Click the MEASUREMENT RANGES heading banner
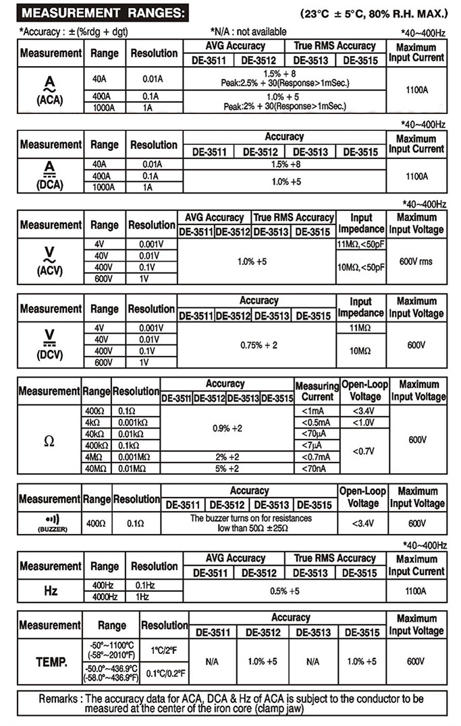(x=94, y=13)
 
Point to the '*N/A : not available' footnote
(x=248, y=32)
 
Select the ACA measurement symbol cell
(x=50, y=91)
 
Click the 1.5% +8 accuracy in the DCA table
(x=285, y=164)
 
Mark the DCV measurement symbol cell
(x=50, y=344)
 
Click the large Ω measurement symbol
(x=49, y=442)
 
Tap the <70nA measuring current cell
(x=317, y=468)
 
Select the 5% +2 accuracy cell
(x=227, y=468)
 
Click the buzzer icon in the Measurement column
(x=51, y=522)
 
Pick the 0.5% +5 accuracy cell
(x=285, y=591)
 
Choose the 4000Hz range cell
(x=105, y=597)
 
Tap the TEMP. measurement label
(x=51, y=662)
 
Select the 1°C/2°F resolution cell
(x=164, y=650)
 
